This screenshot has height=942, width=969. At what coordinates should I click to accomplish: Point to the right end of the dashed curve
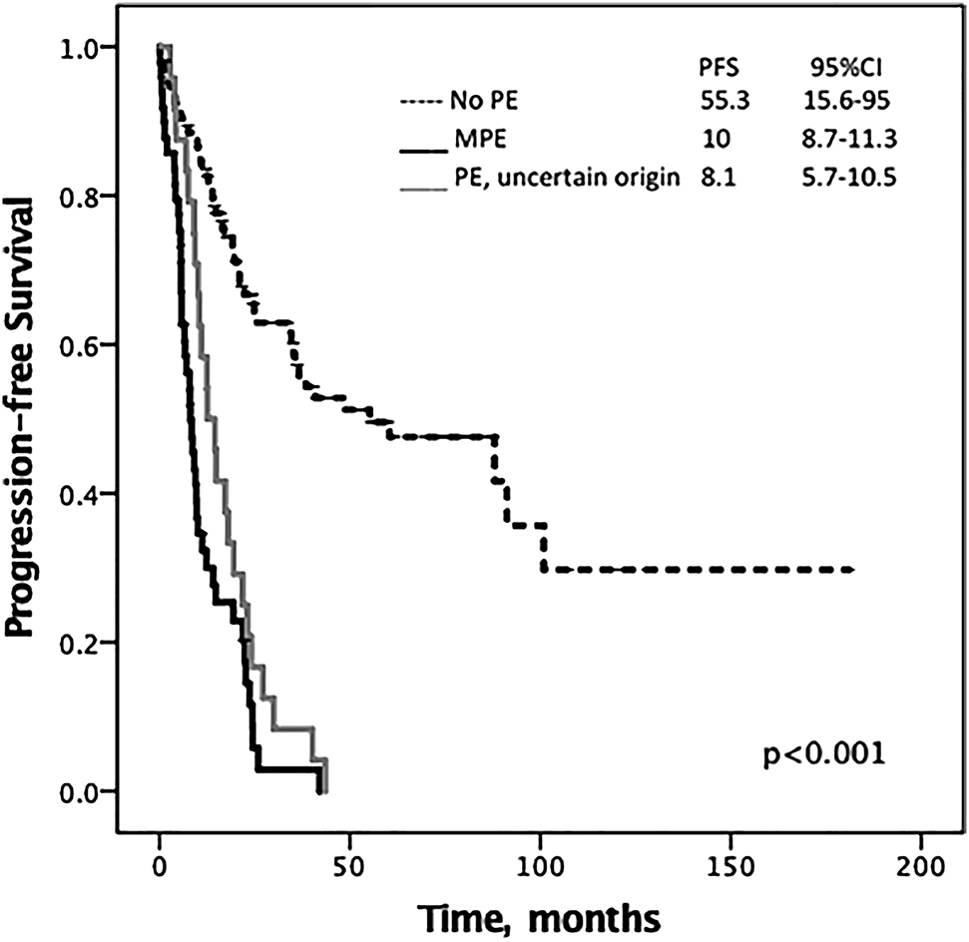pyautogui.click(x=854, y=570)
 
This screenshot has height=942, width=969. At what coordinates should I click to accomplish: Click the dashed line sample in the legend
pyautogui.click(x=423, y=101)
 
